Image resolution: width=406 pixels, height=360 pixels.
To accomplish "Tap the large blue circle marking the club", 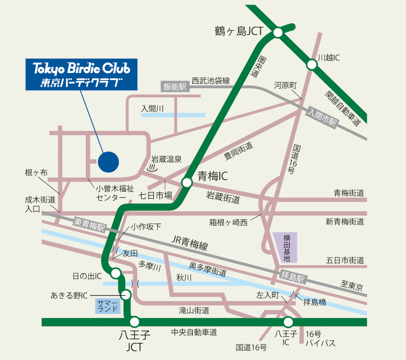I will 108,162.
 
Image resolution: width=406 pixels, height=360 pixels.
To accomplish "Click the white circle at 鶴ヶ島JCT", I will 278,33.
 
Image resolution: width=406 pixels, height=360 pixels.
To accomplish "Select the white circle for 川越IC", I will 311,64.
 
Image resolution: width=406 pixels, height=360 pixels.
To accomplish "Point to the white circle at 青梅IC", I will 187,183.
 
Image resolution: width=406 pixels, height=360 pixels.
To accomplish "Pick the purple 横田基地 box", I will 286,248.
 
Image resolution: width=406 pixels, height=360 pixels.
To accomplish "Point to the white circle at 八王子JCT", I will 134,321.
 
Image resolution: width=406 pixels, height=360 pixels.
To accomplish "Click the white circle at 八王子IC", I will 288,321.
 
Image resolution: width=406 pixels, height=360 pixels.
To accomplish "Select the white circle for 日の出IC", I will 116,274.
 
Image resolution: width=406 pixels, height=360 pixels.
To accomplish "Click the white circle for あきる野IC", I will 126,295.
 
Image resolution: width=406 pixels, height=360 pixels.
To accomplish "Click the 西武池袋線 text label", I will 211,81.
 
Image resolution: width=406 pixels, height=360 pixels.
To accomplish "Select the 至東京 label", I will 350,286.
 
